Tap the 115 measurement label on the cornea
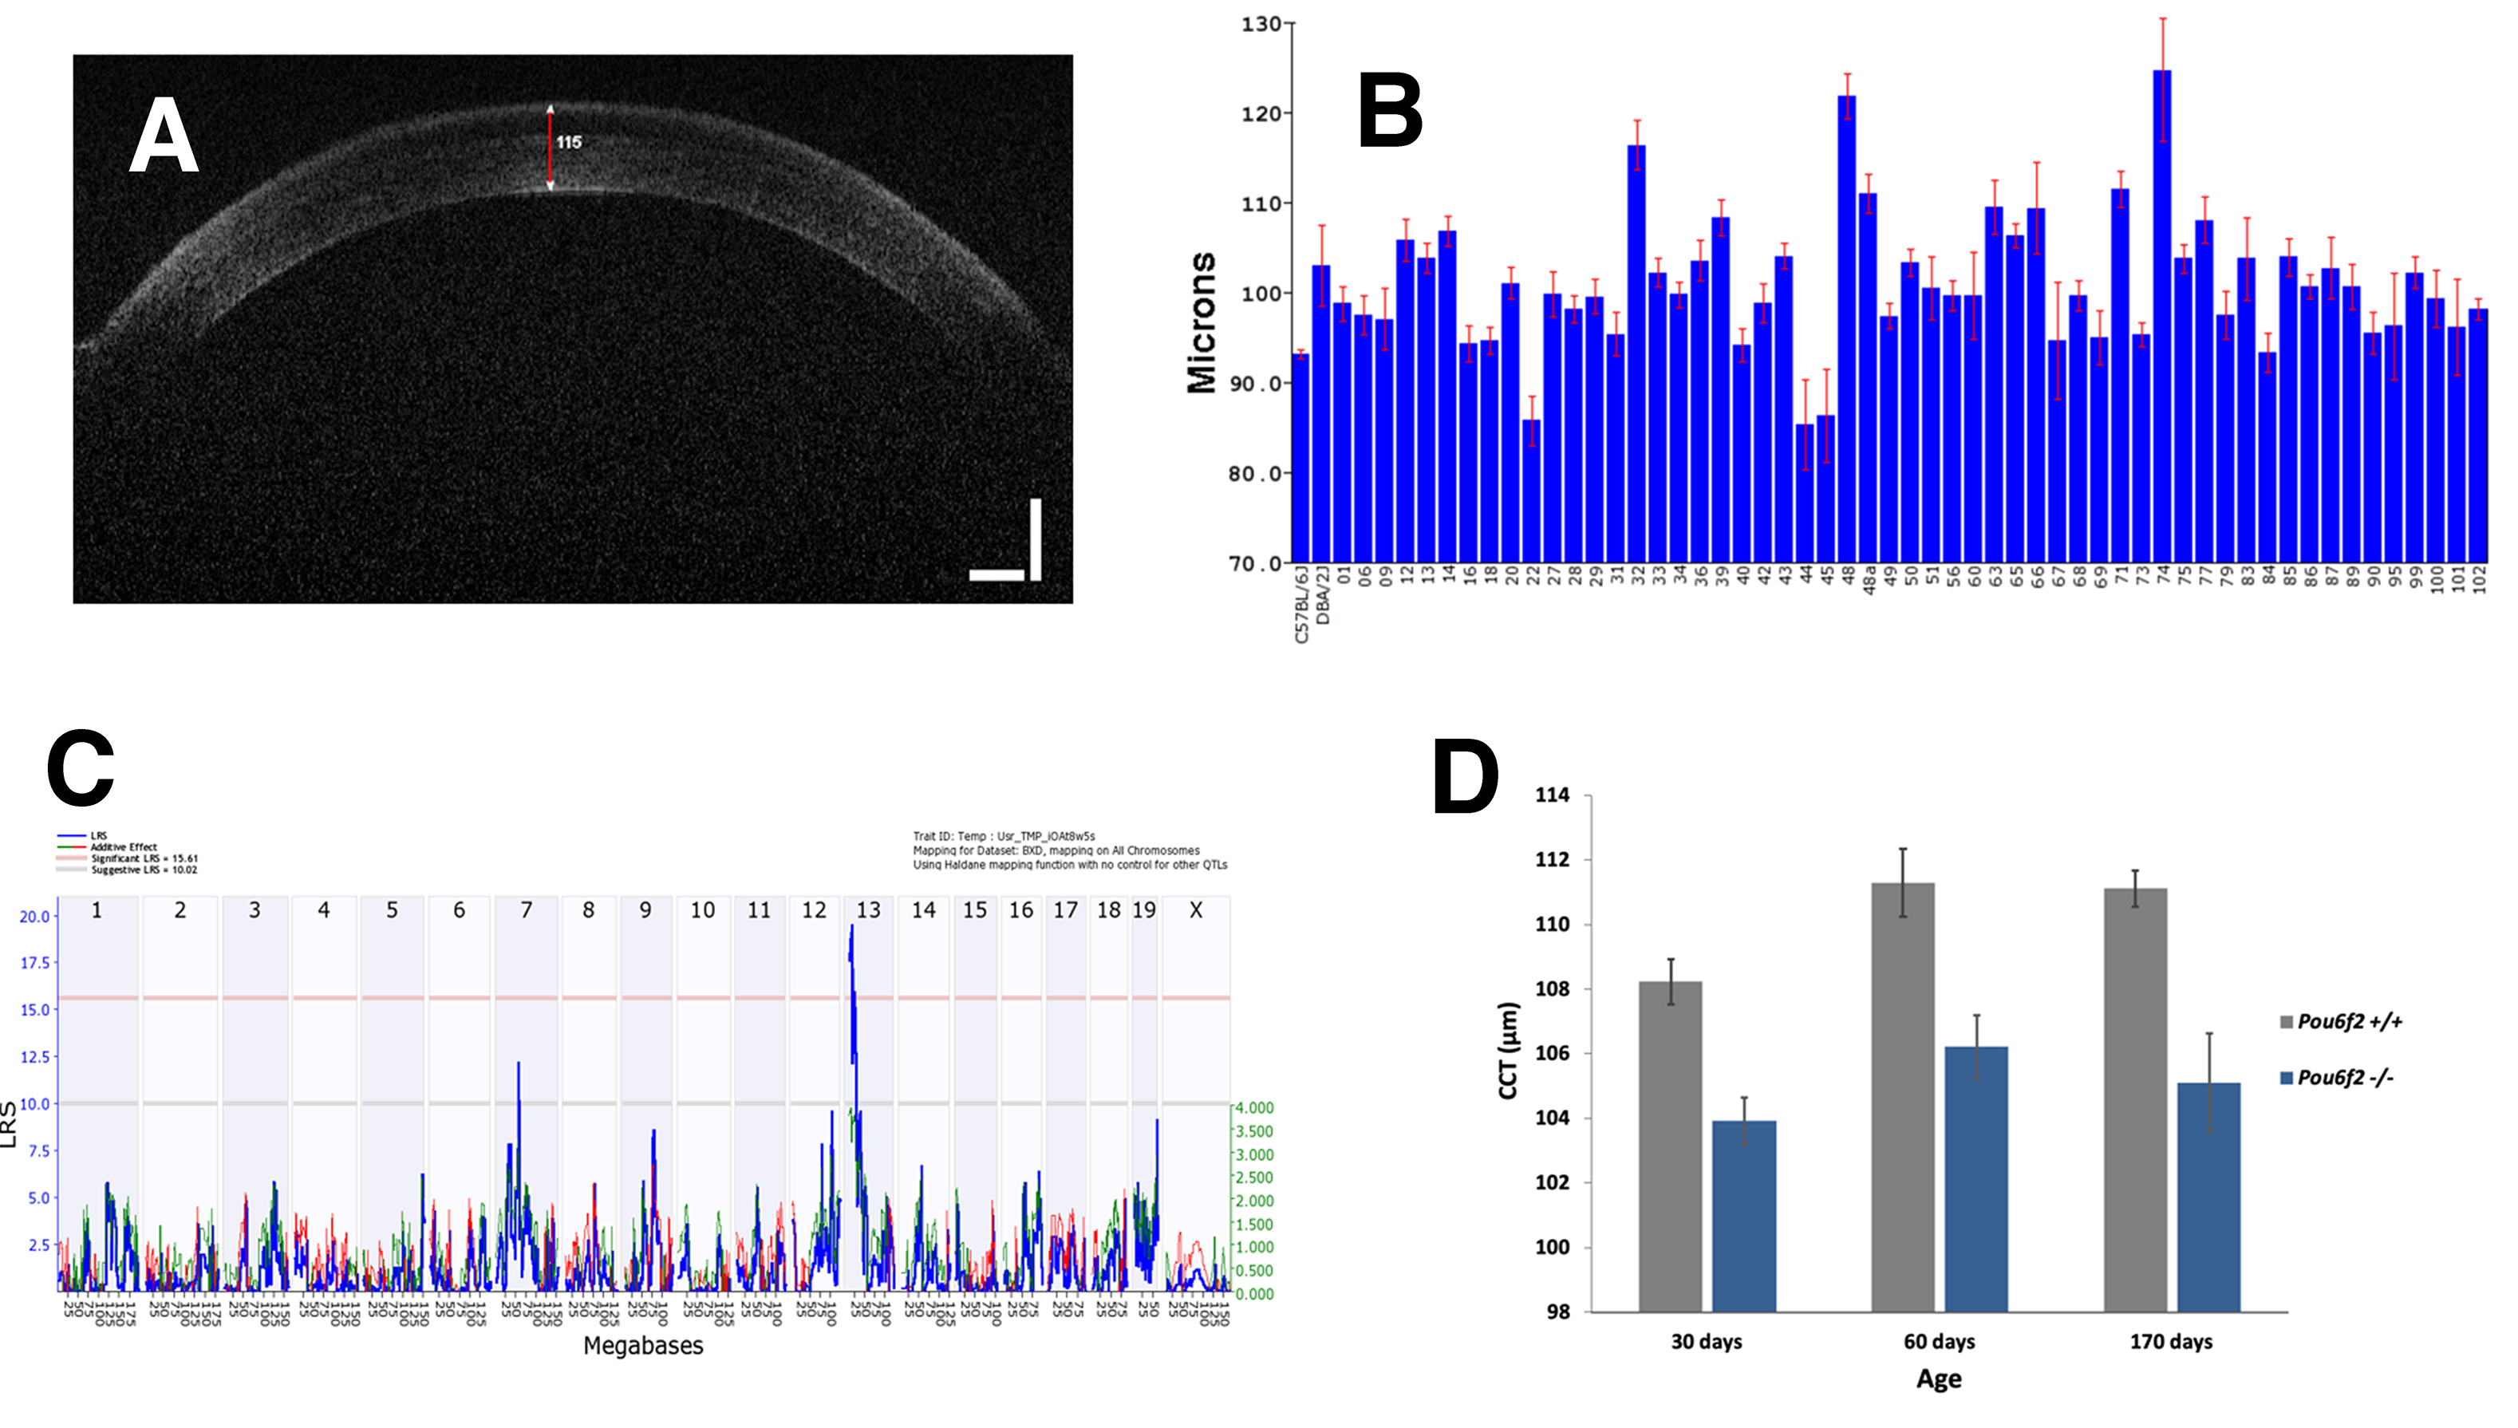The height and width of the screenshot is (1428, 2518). [569, 142]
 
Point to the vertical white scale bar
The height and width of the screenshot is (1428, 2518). [1035, 539]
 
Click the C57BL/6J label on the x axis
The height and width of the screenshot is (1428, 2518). [1301, 603]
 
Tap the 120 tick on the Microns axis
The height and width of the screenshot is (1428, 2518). [1261, 114]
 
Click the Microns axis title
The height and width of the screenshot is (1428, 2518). [1202, 324]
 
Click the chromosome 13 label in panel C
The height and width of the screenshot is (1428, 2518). [868, 910]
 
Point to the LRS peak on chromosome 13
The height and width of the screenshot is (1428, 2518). [851, 928]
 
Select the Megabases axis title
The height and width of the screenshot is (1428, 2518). [644, 1346]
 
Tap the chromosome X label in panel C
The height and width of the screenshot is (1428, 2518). [1196, 910]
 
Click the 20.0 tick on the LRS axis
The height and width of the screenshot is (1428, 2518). [34, 916]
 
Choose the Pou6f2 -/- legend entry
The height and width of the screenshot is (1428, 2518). [2344, 1078]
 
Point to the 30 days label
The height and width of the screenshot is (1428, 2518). [1706, 1342]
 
